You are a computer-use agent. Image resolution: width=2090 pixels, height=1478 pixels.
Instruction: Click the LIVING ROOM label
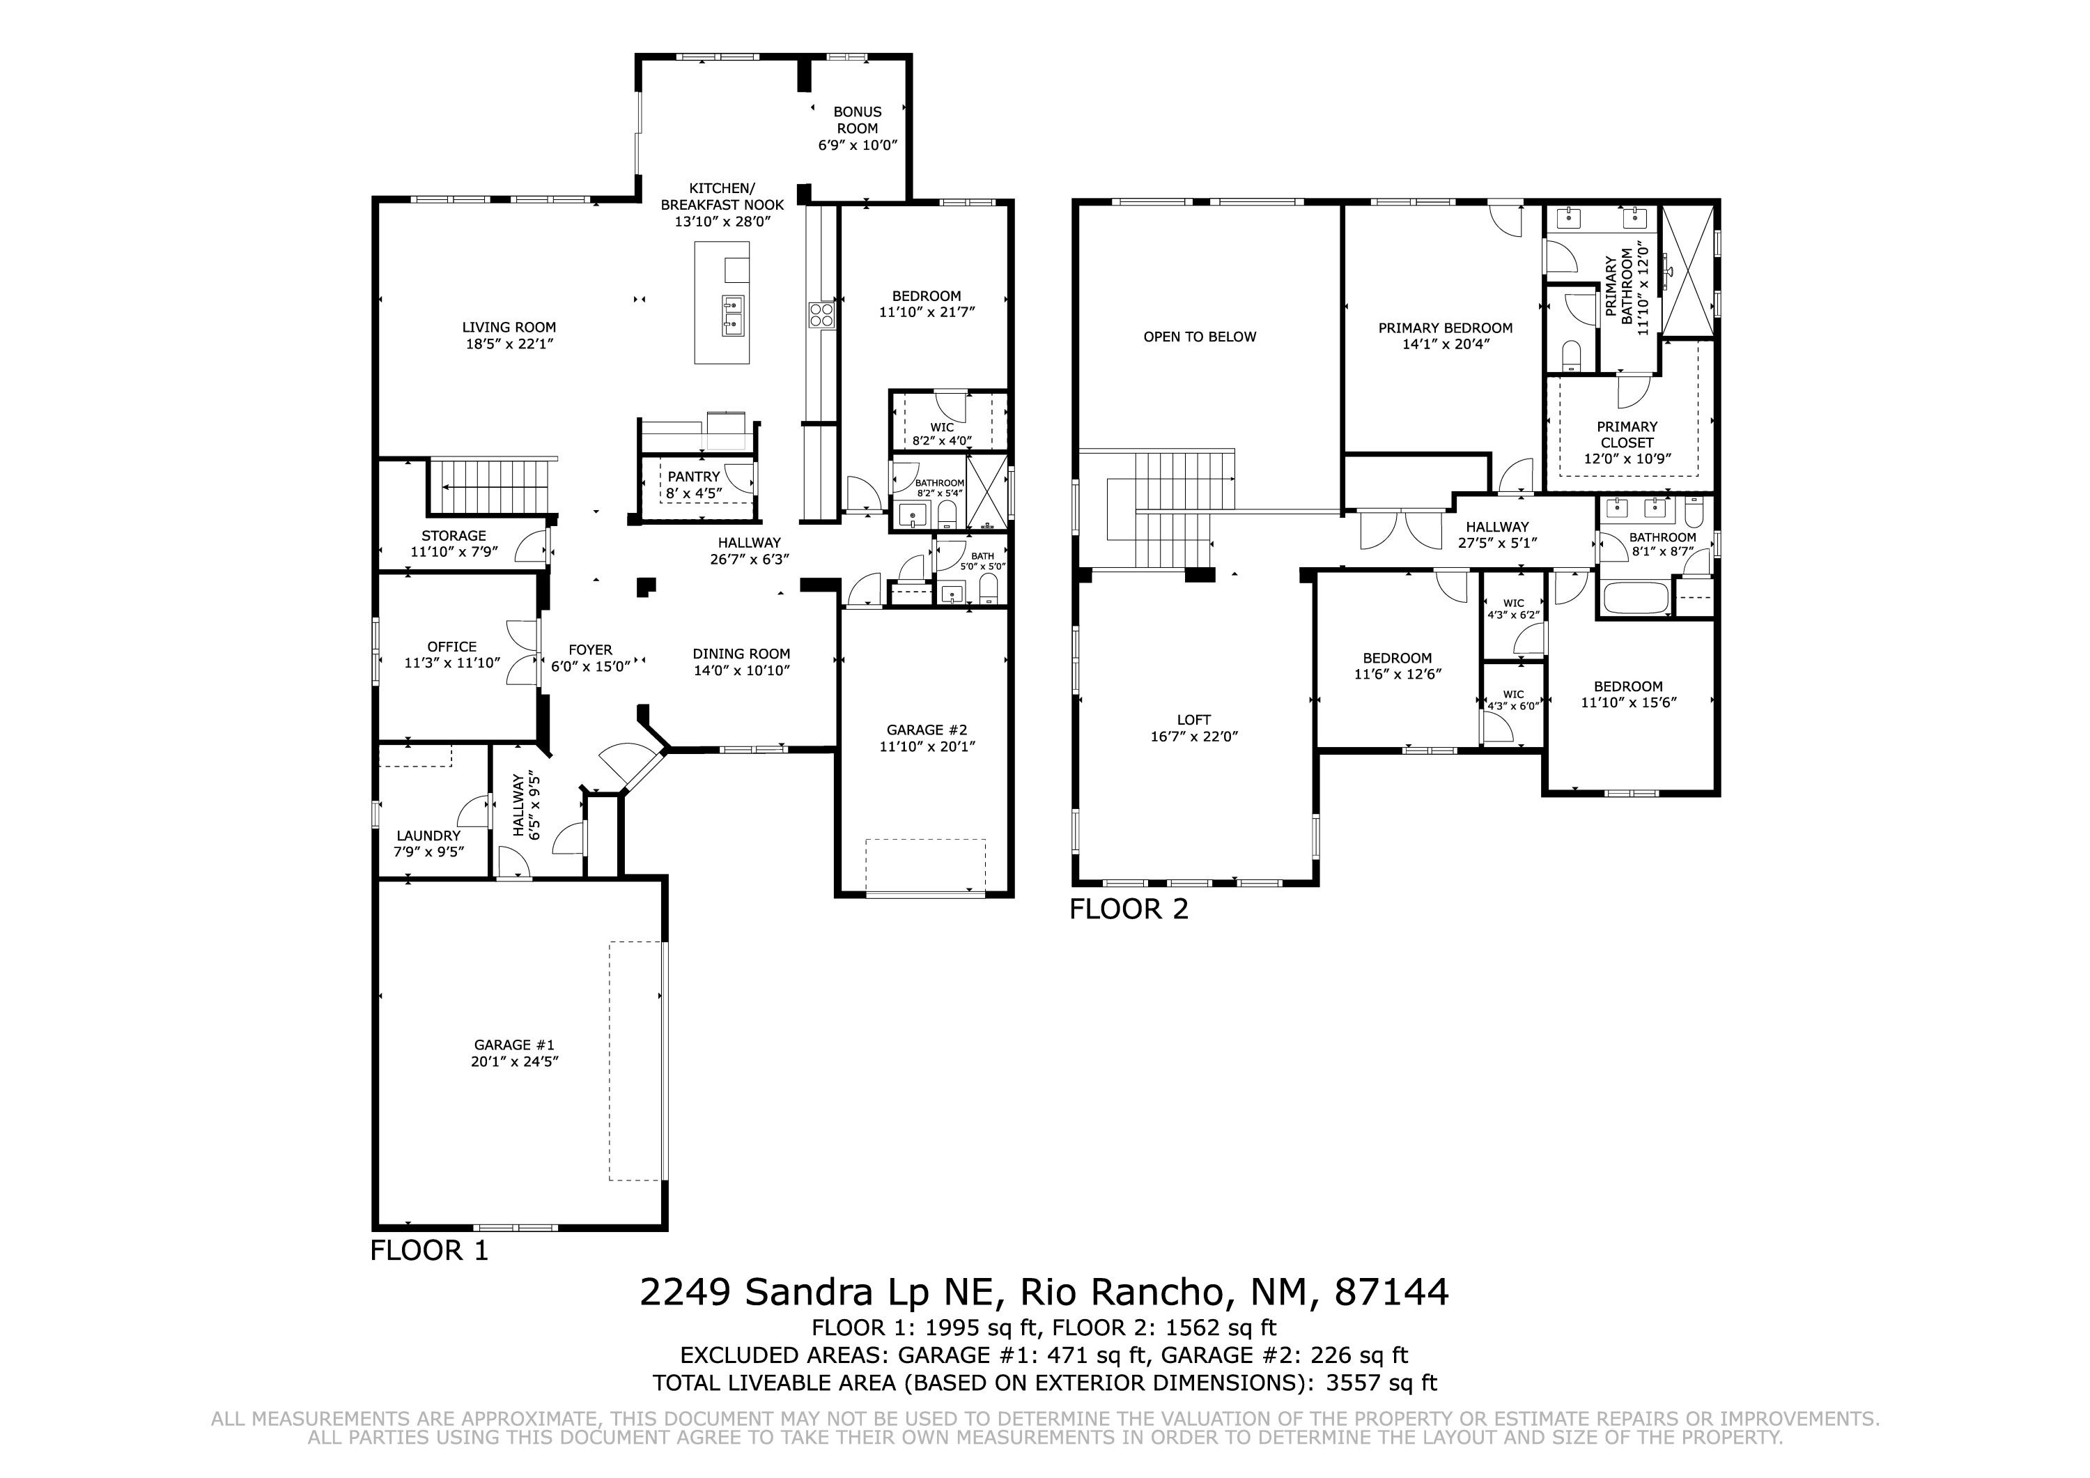click(509, 328)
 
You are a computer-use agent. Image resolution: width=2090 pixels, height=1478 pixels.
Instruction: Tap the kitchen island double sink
click(734, 314)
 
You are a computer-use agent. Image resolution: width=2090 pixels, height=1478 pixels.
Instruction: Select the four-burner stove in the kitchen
click(821, 314)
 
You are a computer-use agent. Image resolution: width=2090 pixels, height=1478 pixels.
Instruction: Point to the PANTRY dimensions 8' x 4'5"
click(694, 493)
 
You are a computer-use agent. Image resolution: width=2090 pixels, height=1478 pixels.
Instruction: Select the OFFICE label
click(452, 647)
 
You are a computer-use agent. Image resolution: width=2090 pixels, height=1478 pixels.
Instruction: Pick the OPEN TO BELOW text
click(1200, 337)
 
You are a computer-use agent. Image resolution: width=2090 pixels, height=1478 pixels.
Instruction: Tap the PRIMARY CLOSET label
click(1627, 434)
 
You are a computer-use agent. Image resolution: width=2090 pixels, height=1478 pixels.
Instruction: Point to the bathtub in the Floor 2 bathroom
click(1636, 599)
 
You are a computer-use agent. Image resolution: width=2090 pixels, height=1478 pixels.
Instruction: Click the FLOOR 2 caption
click(1129, 909)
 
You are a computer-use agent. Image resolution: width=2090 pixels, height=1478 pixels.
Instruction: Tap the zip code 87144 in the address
click(1391, 1292)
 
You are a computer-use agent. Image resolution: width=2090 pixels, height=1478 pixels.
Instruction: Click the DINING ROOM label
click(741, 654)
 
